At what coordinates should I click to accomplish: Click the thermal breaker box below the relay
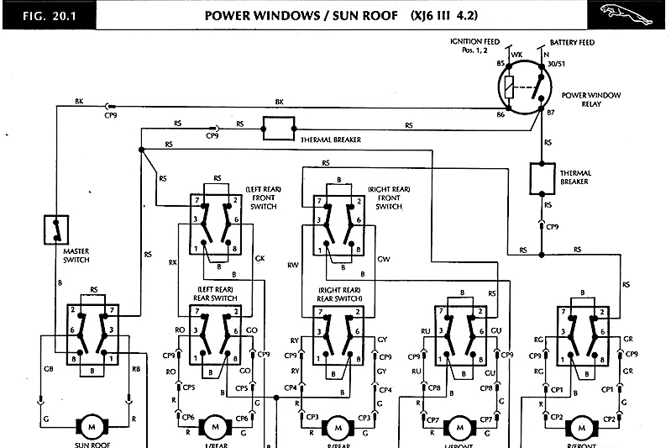[x=543, y=177]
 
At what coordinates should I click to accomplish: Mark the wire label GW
[x=384, y=259]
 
